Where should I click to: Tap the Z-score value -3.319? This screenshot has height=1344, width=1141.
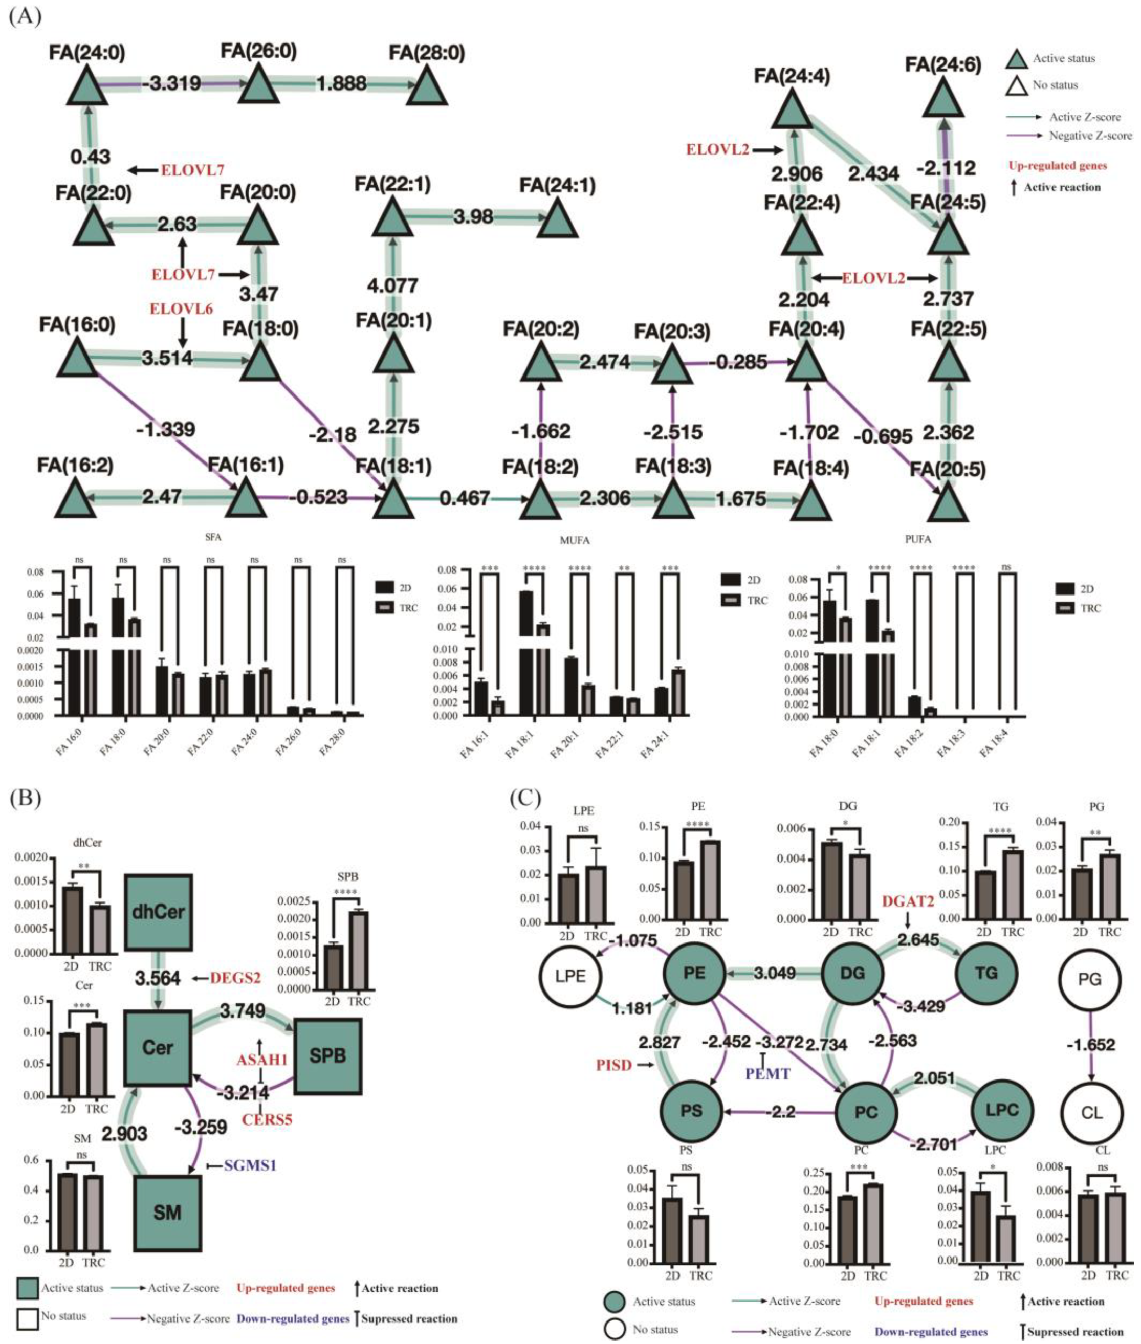(x=172, y=84)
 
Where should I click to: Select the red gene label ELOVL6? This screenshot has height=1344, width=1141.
(x=181, y=309)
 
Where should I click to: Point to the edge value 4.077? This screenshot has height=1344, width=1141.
(x=392, y=285)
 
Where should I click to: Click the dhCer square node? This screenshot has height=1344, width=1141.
(x=159, y=913)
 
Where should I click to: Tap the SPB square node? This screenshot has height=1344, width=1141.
(x=327, y=1056)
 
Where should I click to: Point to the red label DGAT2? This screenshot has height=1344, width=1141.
(x=908, y=900)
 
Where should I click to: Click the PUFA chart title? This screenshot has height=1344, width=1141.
(x=918, y=538)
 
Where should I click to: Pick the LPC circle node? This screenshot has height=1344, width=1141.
(x=1002, y=1109)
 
